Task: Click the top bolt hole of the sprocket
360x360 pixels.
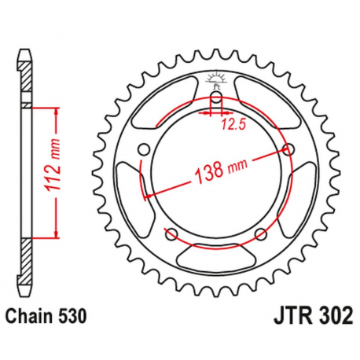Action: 216,97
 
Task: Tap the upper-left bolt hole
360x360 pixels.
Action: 142,151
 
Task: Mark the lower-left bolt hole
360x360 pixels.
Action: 171,233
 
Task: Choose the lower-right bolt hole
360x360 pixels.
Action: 262,233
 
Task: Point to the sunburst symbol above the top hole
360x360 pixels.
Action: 216,79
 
